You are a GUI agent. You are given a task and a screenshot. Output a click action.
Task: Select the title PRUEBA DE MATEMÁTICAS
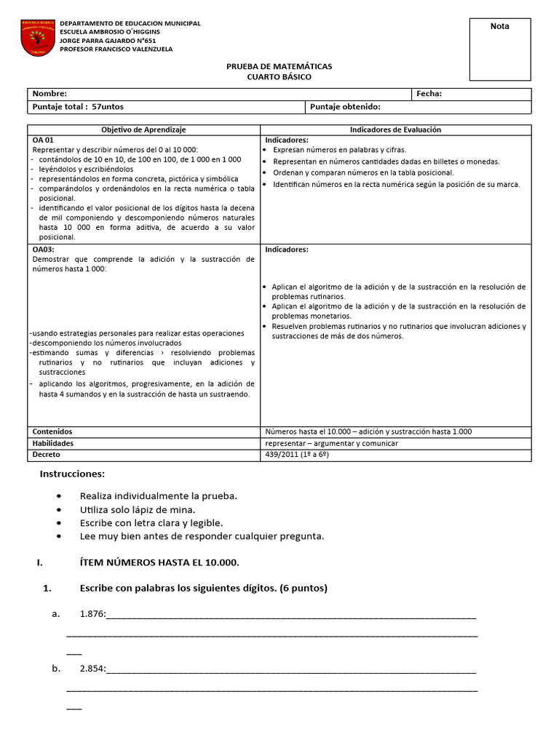point(279,66)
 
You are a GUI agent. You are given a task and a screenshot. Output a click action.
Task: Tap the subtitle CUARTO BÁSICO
point(279,77)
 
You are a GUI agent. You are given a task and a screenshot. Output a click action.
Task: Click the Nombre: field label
point(49,94)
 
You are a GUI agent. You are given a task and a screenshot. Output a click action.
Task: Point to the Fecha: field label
point(429,94)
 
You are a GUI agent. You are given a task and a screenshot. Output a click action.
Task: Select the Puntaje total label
point(78,107)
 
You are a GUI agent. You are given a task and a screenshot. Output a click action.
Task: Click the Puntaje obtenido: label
point(345,107)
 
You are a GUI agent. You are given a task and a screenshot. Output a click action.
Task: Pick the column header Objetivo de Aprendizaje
point(143,130)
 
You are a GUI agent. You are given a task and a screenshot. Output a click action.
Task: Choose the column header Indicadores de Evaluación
point(395,130)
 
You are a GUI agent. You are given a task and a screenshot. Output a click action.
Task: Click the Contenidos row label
point(52,431)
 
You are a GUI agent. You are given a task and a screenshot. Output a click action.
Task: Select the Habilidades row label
point(52,443)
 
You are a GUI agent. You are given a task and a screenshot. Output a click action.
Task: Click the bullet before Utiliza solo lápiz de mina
point(59,509)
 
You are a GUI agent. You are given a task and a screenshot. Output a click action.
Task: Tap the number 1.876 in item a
point(92,614)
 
